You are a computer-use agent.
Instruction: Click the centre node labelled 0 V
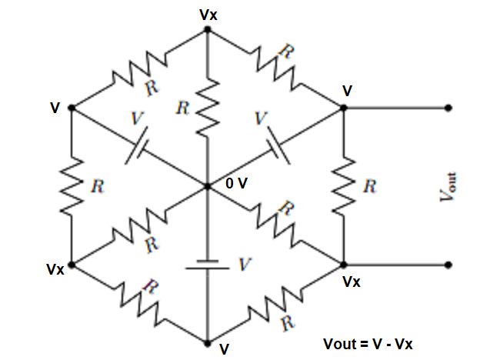click(208, 185)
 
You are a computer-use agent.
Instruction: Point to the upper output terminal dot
click(448, 108)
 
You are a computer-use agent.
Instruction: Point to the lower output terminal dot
click(448, 265)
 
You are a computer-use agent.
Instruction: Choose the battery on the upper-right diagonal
click(276, 148)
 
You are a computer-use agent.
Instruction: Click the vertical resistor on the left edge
click(72, 187)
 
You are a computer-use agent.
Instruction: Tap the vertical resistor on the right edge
click(344, 187)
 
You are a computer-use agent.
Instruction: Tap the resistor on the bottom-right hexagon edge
click(276, 303)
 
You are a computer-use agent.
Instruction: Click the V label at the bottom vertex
click(224, 349)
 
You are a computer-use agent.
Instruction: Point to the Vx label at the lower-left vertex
click(55, 270)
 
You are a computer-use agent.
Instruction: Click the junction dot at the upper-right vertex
click(344, 108)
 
